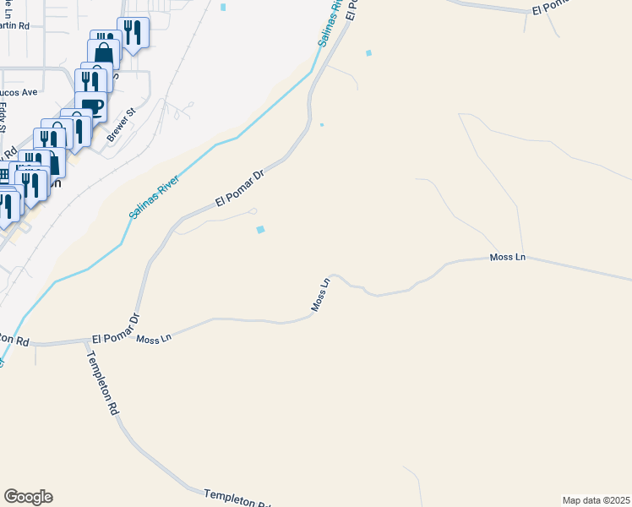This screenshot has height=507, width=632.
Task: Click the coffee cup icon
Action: point(90,106)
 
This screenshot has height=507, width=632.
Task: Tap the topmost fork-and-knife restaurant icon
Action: point(133,31)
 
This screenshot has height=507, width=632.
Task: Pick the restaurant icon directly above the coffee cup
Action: point(90,81)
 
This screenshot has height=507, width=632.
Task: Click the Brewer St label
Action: point(121,124)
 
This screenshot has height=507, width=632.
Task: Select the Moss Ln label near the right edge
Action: point(508,257)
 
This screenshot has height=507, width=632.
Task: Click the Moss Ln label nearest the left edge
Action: point(154,339)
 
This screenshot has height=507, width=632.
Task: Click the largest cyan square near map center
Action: point(261,229)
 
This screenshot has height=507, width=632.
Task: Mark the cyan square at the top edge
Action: point(224,7)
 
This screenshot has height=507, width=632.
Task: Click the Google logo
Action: point(28,497)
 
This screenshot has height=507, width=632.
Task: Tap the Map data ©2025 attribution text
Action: point(596,499)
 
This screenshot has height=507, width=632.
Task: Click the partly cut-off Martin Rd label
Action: point(15,26)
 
